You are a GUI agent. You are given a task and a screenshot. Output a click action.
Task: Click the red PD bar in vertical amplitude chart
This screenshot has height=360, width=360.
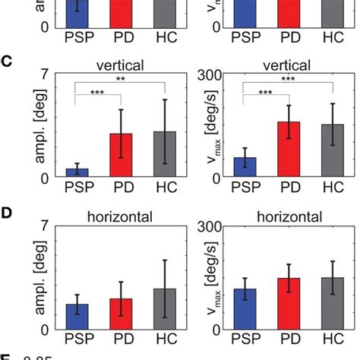coord(122,156)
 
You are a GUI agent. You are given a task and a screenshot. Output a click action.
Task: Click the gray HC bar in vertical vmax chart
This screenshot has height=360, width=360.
coord(333,151)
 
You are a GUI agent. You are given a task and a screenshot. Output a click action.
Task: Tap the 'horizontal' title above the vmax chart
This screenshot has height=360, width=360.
coord(289,216)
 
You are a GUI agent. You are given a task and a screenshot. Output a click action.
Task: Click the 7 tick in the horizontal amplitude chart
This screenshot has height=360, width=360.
coord(46,226)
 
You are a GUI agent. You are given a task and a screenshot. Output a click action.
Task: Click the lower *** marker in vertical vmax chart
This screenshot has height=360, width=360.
coord(267,93)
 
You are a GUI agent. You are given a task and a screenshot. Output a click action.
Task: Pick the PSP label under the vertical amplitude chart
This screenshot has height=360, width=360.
coord(77,188)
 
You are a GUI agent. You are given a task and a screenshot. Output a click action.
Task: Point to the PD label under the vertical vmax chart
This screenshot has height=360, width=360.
coord(289,188)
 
